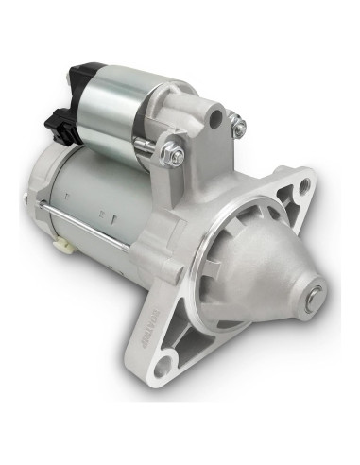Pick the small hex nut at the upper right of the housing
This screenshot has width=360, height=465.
click(240, 126)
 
